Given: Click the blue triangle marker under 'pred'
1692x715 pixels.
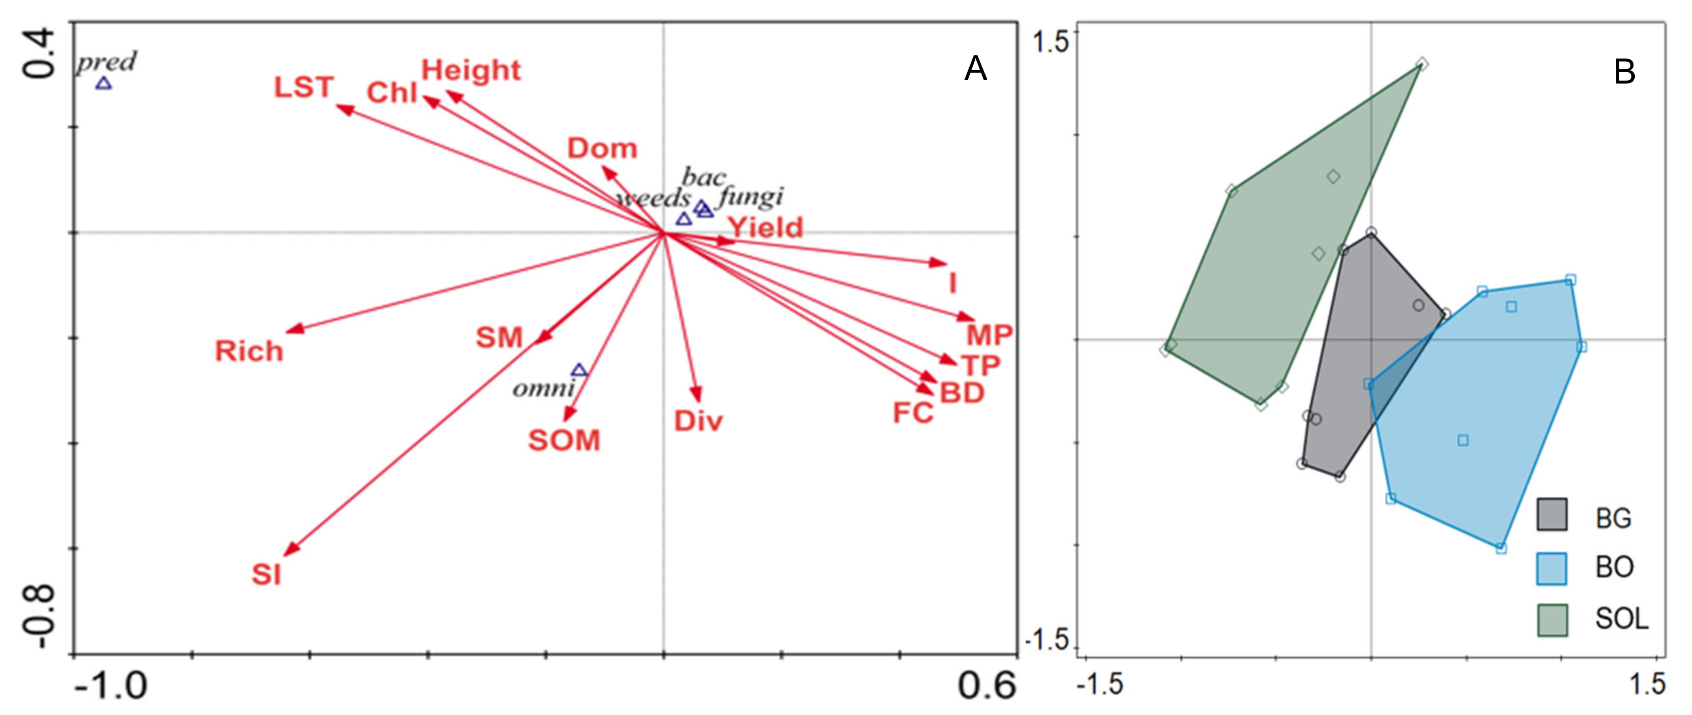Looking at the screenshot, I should click(104, 84).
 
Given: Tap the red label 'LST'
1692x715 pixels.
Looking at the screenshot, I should click(303, 87).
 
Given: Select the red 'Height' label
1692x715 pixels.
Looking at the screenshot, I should click(471, 70).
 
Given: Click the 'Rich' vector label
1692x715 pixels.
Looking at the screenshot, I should click(249, 351).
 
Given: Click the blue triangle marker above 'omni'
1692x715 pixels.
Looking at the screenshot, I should click(578, 370).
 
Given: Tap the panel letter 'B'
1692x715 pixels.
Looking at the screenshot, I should click(1624, 71).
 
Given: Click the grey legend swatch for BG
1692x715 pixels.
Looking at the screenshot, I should click(1552, 514).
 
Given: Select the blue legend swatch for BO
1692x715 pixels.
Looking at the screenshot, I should click(1552, 568).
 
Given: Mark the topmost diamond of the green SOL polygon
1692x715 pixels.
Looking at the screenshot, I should click(1422, 63).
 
